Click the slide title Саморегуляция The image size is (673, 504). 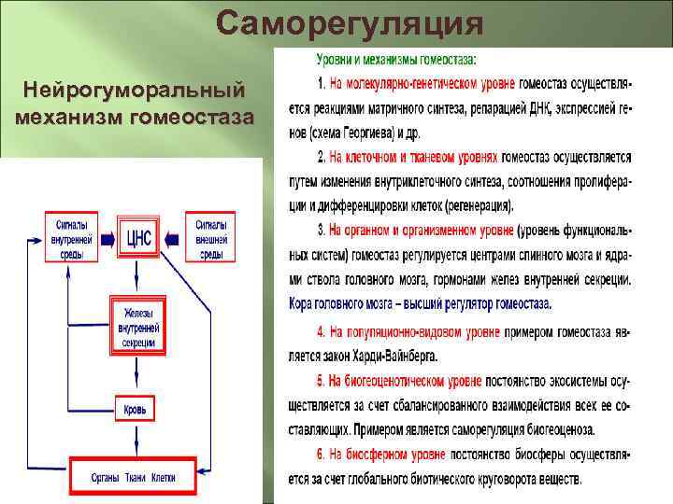(350, 22)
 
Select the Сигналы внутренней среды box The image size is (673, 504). (71, 239)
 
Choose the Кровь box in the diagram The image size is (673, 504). (135, 409)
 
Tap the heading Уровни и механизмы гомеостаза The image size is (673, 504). (395, 59)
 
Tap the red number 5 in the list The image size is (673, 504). (321, 381)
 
